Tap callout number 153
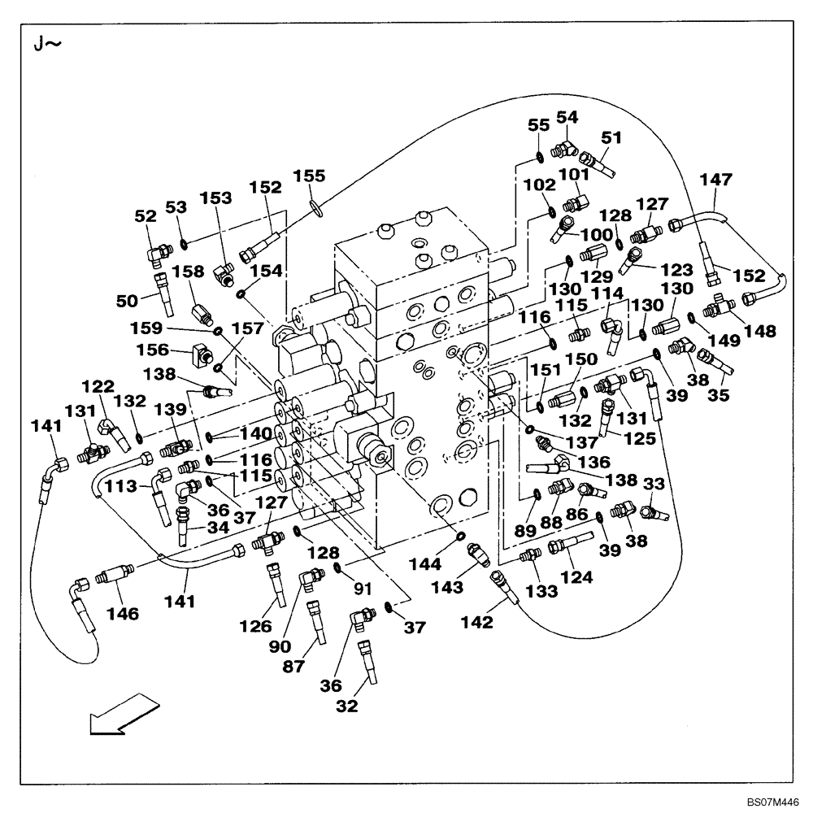click(x=216, y=198)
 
